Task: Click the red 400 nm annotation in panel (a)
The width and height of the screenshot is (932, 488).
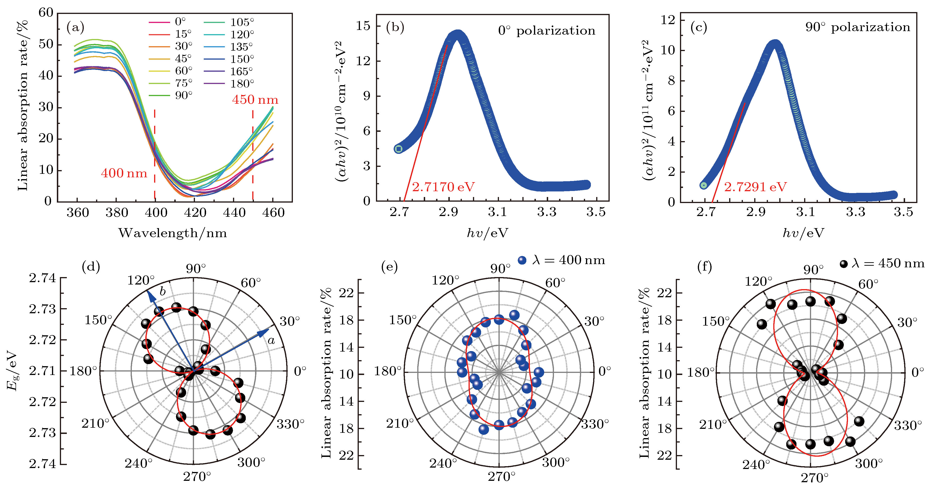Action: (124, 173)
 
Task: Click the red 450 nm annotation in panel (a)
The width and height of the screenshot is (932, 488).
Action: (255, 100)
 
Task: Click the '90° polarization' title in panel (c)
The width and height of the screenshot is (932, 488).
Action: (858, 27)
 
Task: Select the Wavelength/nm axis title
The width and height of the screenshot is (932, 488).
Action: (173, 233)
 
